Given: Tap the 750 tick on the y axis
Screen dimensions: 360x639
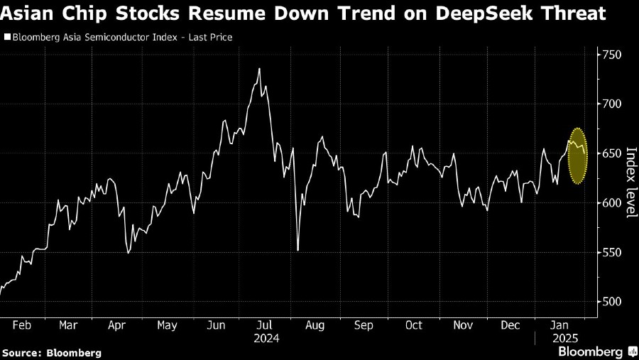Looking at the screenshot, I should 613,55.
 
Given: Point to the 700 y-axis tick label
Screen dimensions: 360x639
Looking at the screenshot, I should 613,104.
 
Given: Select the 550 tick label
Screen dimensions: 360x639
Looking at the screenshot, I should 613,253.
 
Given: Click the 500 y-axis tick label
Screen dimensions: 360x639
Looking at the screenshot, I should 613,302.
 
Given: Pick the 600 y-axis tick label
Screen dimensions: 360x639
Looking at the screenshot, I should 613,203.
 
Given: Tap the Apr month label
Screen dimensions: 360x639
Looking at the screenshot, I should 116,325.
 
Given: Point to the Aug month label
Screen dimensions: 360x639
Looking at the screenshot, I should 315,325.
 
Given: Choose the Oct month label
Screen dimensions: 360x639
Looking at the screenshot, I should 413,325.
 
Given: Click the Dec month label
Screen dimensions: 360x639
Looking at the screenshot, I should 510,325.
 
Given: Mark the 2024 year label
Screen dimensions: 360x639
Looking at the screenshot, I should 266,339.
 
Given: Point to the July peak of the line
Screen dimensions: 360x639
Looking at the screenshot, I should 259,69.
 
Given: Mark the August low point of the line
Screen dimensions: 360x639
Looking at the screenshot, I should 297,250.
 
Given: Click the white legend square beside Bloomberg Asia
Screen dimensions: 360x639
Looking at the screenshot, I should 7,37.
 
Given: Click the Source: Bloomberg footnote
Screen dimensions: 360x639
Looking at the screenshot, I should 52,352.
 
